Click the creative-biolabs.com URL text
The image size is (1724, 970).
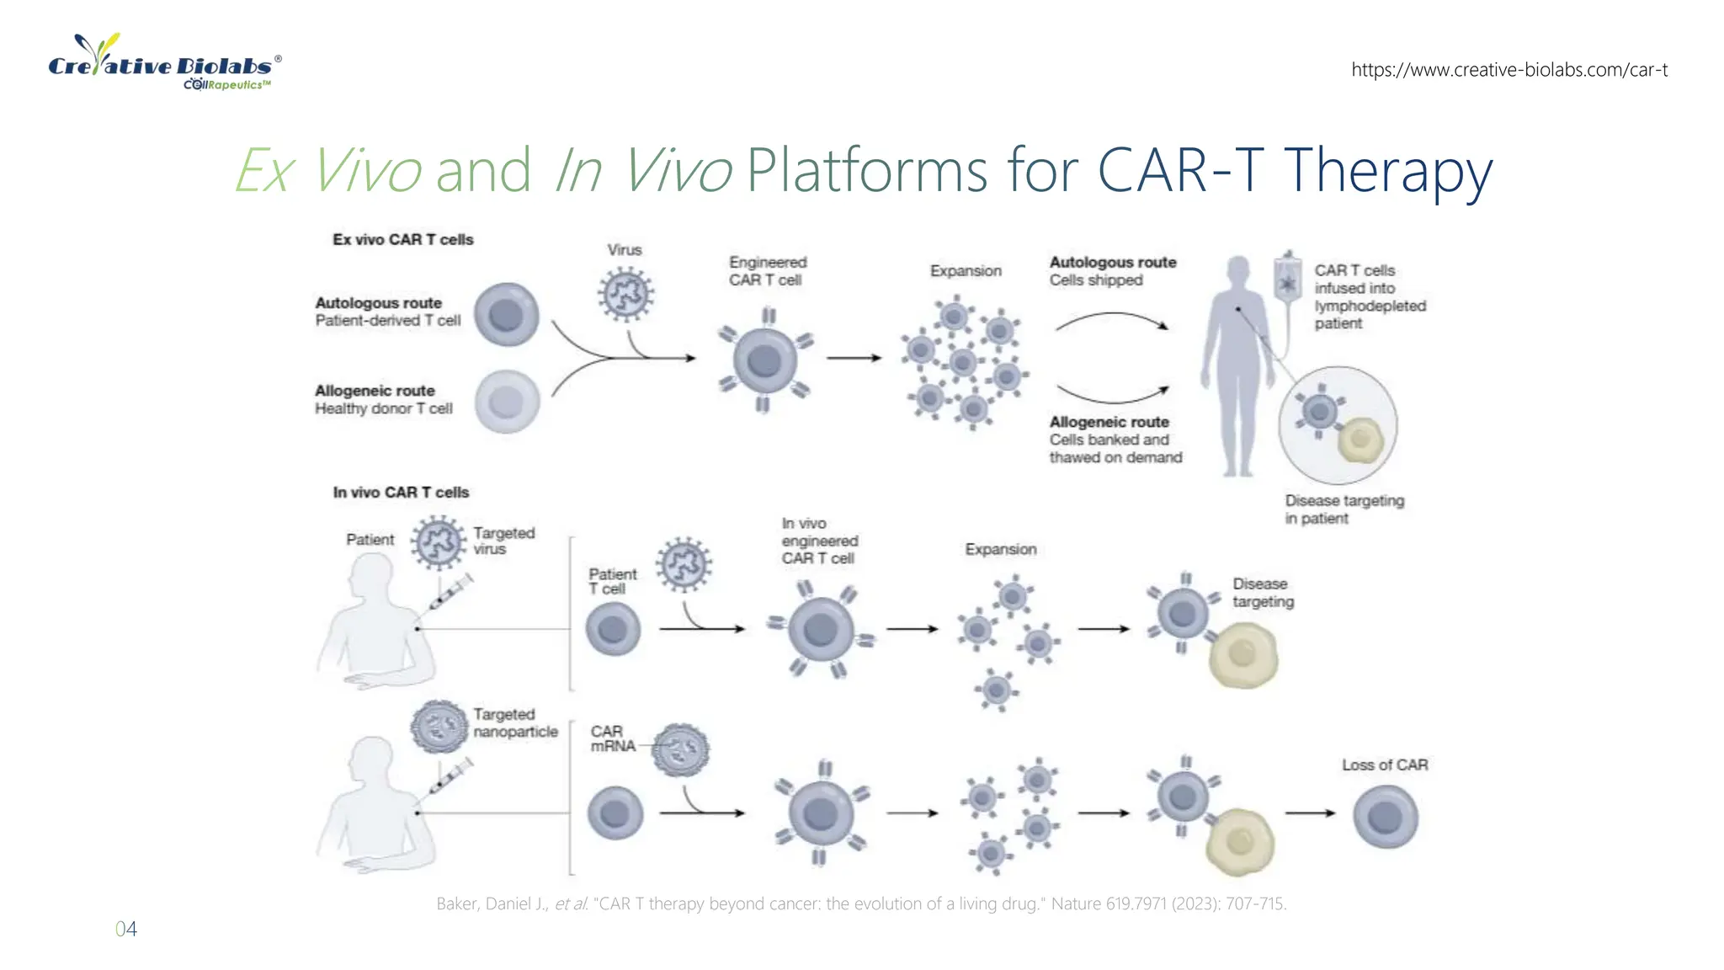(1508, 70)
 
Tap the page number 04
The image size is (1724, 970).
(125, 929)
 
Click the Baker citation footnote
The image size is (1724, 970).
(860, 903)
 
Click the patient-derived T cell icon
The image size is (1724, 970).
(506, 315)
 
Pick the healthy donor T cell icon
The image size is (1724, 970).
(506, 402)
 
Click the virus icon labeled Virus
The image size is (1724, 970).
(625, 295)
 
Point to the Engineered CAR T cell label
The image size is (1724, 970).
(767, 271)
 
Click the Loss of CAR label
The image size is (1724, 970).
(1384, 765)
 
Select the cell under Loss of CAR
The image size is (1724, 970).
(1385, 816)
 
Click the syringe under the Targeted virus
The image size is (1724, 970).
(450, 591)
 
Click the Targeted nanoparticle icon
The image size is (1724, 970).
(439, 727)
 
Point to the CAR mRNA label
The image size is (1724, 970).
(612, 738)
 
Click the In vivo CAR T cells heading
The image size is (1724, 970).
(401, 493)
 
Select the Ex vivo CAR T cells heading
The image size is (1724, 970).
(402, 240)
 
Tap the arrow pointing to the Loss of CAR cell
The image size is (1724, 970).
(1310, 813)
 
